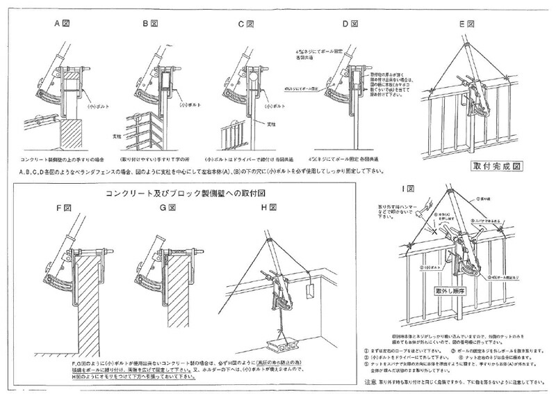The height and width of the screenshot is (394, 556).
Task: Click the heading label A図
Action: click(64, 23)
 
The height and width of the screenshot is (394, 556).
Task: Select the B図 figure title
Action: click(150, 23)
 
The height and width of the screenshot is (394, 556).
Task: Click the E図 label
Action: click(466, 23)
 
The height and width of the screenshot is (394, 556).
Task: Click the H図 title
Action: click(270, 207)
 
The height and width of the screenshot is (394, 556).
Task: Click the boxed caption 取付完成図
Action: click(496, 167)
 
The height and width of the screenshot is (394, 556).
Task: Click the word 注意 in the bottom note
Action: click(372, 383)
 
